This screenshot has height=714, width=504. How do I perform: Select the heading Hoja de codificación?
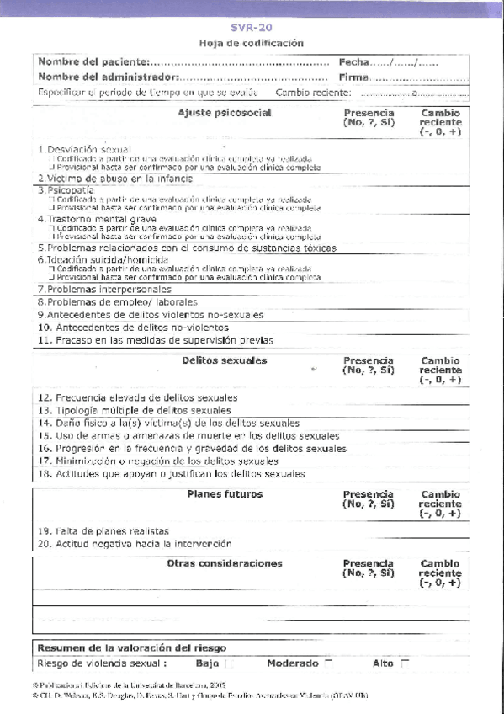(252, 43)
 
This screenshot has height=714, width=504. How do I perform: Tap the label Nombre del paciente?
(93, 61)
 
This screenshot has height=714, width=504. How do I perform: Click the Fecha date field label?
(353, 61)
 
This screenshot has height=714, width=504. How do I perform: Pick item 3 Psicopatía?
(65, 190)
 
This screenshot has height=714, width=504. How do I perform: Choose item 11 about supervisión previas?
(156, 340)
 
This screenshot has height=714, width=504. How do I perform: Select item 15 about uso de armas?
(188, 436)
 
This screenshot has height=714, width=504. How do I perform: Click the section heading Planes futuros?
(225, 494)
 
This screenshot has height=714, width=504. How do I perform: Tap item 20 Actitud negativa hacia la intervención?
(134, 544)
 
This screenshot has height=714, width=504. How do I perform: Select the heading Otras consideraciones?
(225, 563)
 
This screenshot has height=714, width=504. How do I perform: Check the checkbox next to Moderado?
(329, 663)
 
